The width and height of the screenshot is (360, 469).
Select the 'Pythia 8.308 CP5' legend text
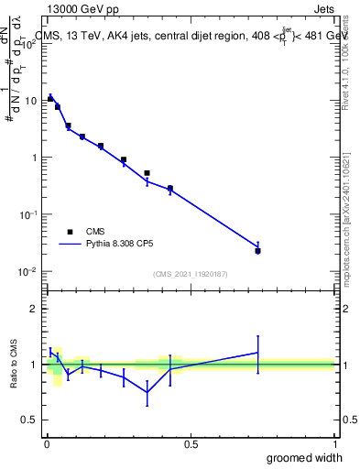124,245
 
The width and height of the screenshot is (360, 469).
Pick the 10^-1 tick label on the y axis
27,214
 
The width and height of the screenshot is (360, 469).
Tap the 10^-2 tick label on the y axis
27,271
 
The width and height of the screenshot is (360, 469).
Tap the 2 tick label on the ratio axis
33,309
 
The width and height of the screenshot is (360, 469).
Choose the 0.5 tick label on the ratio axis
29,420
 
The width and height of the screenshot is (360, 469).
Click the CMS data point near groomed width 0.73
258,250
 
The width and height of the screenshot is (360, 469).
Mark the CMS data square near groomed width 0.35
147,172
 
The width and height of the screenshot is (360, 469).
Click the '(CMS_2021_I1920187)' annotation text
190,274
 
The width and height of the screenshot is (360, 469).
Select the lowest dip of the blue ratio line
147,392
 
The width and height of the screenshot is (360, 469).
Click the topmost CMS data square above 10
50,98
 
